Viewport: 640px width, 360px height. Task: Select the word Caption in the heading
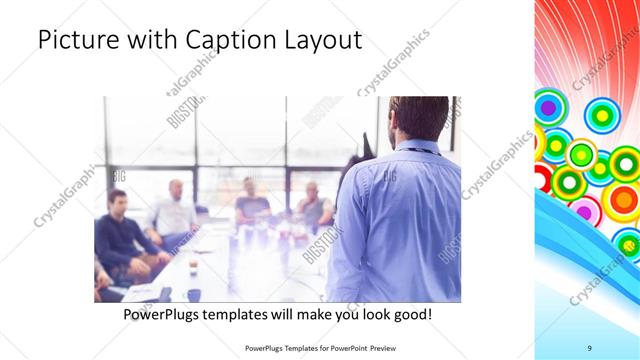226,41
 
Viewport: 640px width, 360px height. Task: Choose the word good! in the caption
412,314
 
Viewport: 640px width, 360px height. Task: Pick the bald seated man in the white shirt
174,210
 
